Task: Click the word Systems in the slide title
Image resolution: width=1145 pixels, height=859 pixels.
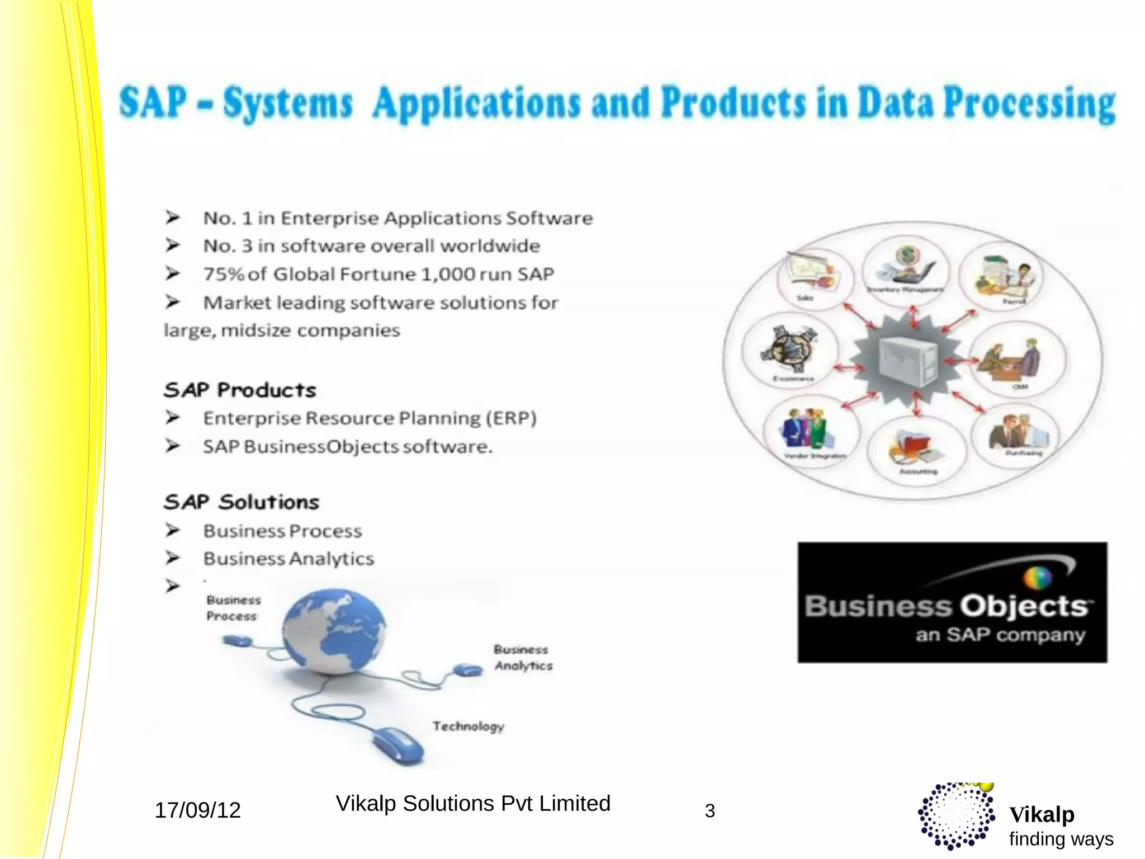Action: [288, 104]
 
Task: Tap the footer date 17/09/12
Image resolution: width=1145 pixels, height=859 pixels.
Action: [197, 810]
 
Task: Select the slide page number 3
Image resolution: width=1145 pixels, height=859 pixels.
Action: [709, 811]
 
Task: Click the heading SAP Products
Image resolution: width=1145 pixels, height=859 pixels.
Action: [240, 390]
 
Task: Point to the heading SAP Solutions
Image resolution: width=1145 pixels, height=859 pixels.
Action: [242, 502]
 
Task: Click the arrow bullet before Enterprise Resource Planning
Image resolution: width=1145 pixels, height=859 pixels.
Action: [172, 417]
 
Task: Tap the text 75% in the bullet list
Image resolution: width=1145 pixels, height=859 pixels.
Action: [224, 274]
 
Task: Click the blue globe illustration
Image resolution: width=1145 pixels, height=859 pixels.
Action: [334, 631]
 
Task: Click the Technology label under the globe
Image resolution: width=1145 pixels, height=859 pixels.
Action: [468, 726]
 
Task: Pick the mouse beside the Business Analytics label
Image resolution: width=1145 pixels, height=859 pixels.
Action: [467, 669]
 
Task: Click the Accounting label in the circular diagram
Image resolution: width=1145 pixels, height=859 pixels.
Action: [918, 471]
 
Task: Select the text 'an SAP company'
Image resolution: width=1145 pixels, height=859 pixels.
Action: [1000, 635]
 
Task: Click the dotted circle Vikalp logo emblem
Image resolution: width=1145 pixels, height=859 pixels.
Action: [957, 816]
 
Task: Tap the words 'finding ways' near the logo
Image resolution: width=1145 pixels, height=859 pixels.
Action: [1061, 839]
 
